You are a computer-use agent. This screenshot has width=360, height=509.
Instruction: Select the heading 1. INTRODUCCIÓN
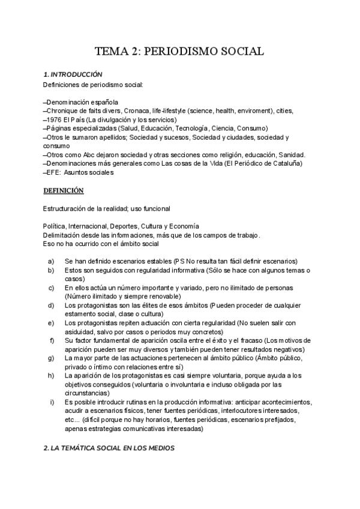73,74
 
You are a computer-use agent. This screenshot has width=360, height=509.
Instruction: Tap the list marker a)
51,261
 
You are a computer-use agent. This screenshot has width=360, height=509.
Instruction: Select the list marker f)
52,341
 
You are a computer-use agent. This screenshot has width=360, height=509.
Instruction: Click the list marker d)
51,306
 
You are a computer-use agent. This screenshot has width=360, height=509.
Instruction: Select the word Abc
87,155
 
